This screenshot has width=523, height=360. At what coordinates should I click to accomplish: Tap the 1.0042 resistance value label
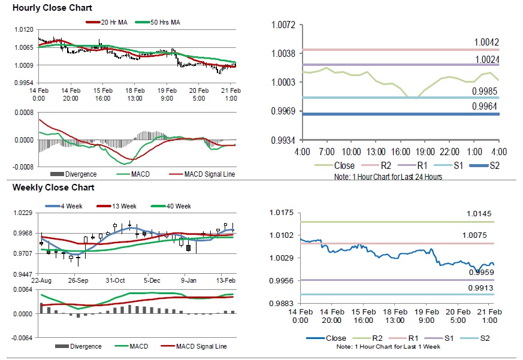(x=486, y=43)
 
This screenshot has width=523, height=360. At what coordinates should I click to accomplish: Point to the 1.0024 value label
(x=486, y=59)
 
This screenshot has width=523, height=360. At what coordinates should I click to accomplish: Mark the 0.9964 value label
(x=486, y=107)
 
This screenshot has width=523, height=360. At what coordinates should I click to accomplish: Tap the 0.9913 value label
(x=480, y=288)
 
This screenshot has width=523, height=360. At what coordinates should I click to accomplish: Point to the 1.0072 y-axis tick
(x=284, y=25)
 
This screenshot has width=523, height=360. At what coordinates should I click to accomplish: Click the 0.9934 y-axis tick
(x=284, y=140)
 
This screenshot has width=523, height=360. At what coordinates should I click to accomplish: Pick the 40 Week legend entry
(x=176, y=207)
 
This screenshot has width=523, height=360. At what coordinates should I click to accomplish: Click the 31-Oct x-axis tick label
(x=115, y=280)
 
